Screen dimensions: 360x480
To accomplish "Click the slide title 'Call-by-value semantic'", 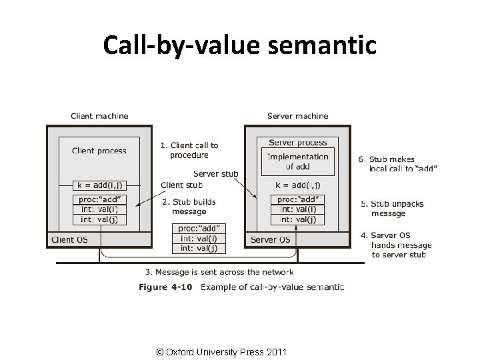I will pyautogui.click(x=239, y=45).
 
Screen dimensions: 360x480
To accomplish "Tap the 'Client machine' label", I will pyautogui.click(x=99, y=116).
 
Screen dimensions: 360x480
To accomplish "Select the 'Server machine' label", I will pyautogui.click(x=297, y=116).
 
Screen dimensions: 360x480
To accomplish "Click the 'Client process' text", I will pyautogui.click(x=99, y=151).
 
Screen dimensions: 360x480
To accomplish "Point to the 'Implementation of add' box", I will pyautogui.click(x=297, y=161).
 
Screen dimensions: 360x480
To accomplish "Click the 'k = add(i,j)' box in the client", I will pyautogui.click(x=99, y=185).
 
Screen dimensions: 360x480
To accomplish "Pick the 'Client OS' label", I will pyautogui.click(x=70, y=239).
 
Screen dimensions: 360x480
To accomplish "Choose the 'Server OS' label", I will pyautogui.click(x=270, y=239).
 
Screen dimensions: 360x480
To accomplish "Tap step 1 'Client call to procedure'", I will pyautogui.click(x=189, y=150).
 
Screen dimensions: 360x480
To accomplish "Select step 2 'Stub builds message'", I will pyautogui.click(x=189, y=206).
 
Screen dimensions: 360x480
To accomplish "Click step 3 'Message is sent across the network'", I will pyautogui.click(x=219, y=272).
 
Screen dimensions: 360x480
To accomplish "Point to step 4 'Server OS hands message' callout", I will pyautogui.click(x=401, y=245).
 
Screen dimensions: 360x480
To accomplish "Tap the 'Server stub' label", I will pyautogui.click(x=215, y=174).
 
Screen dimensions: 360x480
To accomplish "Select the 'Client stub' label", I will pyautogui.click(x=181, y=185).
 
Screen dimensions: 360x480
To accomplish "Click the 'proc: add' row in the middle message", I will pyautogui.click(x=199, y=229).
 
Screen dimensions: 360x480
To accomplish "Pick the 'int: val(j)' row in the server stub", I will pyautogui.click(x=297, y=219).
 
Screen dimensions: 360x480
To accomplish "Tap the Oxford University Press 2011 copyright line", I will pyautogui.click(x=220, y=351).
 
